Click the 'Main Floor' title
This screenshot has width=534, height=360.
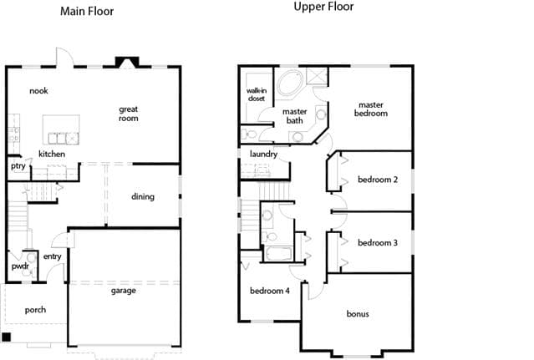87,11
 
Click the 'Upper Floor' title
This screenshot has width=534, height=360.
323,7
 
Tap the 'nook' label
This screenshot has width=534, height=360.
38,91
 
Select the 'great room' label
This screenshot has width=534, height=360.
129,114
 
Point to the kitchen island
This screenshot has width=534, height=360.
61,129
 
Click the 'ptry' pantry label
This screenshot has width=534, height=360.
18,166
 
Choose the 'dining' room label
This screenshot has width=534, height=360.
143,196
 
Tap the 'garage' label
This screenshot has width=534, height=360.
124,291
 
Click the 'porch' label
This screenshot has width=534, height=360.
35,310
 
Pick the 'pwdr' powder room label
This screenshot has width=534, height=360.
20,266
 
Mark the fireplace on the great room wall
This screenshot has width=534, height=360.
127,63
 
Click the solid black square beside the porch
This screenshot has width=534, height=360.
6,337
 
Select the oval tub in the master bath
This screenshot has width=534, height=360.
290,83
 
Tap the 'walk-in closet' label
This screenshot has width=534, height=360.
257,94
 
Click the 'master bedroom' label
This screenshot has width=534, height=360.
371,109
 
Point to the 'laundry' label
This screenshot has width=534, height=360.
263,155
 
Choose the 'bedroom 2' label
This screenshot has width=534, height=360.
378,180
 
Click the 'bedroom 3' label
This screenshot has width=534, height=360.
378,242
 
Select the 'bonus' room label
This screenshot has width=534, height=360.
358,314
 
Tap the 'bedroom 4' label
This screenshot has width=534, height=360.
270,291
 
